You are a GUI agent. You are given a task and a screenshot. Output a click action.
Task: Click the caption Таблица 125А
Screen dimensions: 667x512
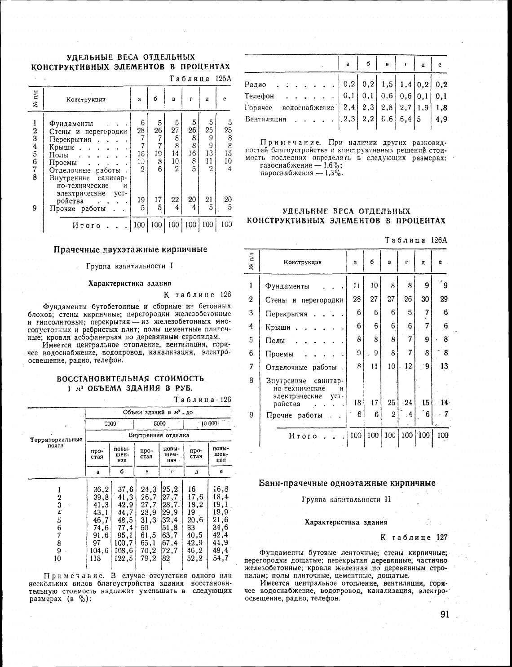point(200,78)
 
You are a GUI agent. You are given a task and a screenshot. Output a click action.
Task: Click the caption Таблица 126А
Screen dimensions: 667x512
point(416,240)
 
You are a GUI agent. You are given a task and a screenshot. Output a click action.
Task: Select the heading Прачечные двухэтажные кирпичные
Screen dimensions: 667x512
point(131,249)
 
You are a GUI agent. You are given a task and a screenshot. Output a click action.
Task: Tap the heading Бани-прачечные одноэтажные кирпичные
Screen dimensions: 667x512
point(347,483)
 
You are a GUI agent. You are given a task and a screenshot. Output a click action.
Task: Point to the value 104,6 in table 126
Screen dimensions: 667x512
point(99,551)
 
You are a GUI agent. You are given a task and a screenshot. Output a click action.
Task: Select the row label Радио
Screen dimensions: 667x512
point(256,84)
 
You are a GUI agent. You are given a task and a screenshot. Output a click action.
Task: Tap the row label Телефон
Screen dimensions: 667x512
point(260,96)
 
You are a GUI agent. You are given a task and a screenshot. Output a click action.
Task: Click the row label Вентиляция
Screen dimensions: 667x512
point(265,119)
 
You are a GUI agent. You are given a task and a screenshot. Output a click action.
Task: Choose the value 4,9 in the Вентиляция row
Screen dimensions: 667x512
point(441,119)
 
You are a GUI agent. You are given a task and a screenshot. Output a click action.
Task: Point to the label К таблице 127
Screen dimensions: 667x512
point(414,537)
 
